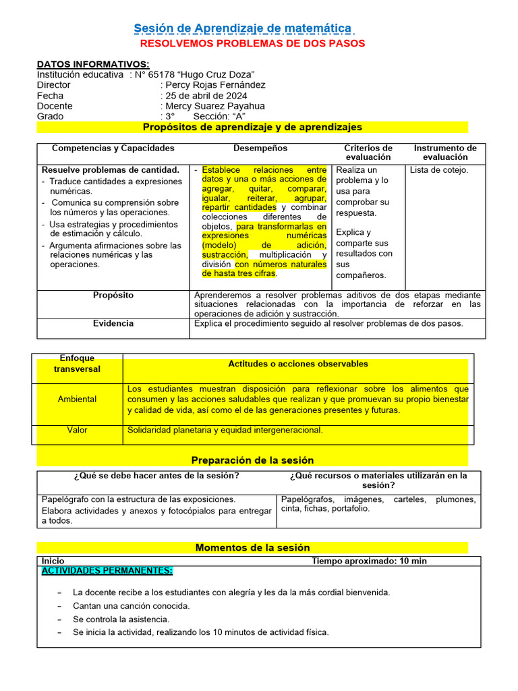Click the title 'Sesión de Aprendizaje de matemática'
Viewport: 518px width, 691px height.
pyautogui.click(x=243, y=28)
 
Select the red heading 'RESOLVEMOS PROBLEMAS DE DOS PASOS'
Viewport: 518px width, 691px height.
pyautogui.click(x=252, y=43)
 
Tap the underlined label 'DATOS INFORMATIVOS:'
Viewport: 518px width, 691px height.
pyautogui.click(x=93, y=64)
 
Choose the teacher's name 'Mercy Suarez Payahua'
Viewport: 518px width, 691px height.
pyautogui.click(x=215, y=106)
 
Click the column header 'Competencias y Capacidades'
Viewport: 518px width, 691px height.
pyautogui.click(x=113, y=148)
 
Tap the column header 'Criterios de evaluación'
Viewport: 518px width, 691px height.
pyautogui.click(x=368, y=153)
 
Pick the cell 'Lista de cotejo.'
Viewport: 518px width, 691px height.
pyautogui.click(x=439, y=170)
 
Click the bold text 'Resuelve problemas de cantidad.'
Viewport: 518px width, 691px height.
pyautogui.click(x=111, y=170)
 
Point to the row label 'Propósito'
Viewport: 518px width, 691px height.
pyautogui.click(x=113, y=296)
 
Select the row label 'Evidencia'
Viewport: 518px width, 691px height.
pyautogui.click(x=113, y=324)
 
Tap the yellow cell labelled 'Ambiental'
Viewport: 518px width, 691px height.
pyautogui.click(x=77, y=399)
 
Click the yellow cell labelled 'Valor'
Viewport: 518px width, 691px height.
pyautogui.click(x=77, y=430)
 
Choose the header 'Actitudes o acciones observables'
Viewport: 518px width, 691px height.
pyautogui.click(x=298, y=364)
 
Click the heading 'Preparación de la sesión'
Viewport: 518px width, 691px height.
pyautogui.click(x=252, y=460)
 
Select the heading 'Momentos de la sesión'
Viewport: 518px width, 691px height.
pyautogui.click(x=252, y=547)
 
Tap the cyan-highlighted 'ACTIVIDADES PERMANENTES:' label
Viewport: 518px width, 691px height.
pyautogui.click(x=107, y=571)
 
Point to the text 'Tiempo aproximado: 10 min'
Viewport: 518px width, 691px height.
pyautogui.click(x=369, y=561)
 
